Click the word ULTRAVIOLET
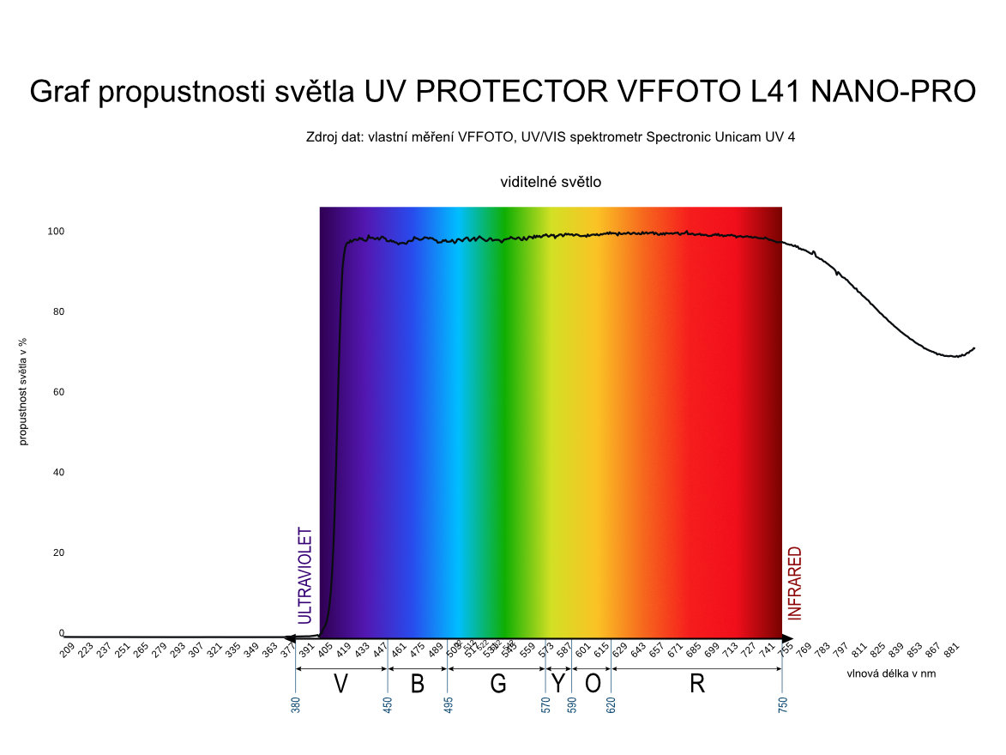(x=305, y=575)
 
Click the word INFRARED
(x=795, y=583)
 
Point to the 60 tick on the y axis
(x=58, y=392)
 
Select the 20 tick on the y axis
(x=58, y=553)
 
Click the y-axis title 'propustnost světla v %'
(x=23, y=391)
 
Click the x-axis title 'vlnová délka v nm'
(x=891, y=673)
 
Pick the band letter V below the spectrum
(x=341, y=684)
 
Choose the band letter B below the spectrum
(x=418, y=684)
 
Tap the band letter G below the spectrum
(x=498, y=684)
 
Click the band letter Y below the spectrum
(x=558, y=684)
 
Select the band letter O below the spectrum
(x=593, y=684)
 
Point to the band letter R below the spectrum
(x=697, y=684)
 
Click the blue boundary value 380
(x=296, y=705)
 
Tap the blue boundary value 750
(x=782, y=705)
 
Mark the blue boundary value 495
(x=448, y=705)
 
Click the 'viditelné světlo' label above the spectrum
(x=551, y=182)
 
